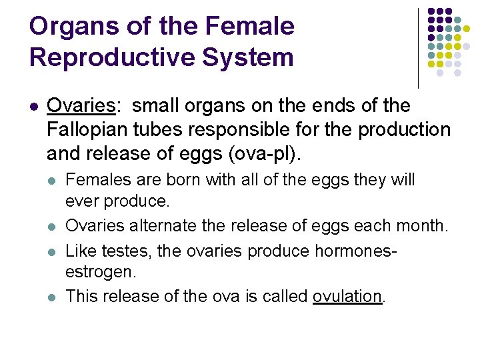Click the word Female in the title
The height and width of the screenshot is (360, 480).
(249, 27)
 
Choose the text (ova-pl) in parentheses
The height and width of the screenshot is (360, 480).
(265, 153)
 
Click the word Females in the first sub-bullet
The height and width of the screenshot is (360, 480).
(98, 180)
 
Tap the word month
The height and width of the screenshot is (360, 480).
(423, 226)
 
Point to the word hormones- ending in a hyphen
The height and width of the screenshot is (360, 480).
(361, 251)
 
